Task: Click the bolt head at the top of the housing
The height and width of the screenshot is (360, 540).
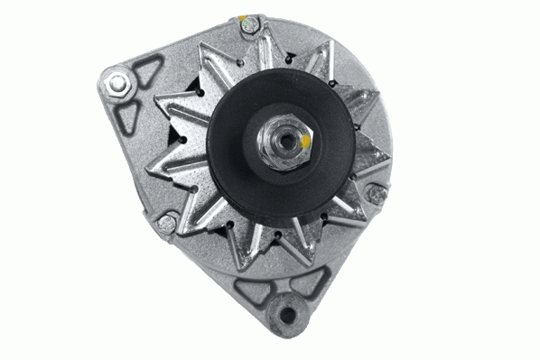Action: click(249, 28)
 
